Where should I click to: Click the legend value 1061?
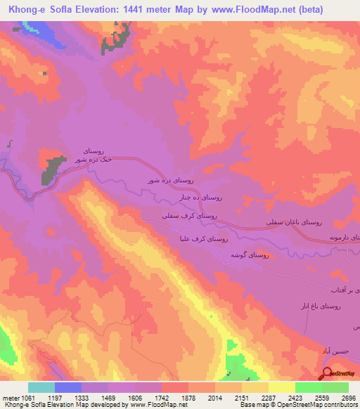point(26,397)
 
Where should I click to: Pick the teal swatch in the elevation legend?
point(41,387)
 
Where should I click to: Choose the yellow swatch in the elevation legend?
point(281,387)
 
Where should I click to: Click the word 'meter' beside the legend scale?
point(9,397)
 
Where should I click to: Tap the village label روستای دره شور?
point(165,181)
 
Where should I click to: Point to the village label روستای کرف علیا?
point(202,240)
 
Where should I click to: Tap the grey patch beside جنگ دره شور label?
point(53,169)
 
